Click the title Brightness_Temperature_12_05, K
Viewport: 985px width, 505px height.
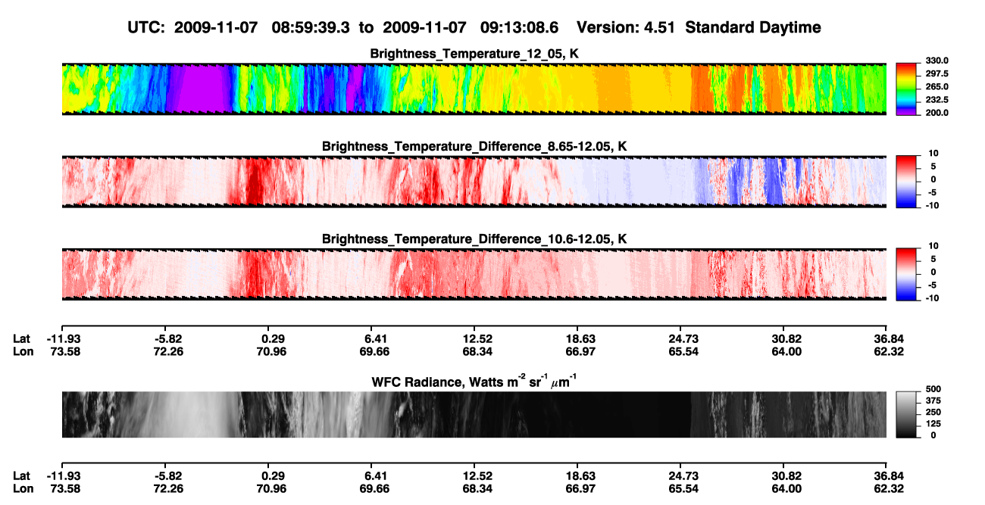coord(474,54)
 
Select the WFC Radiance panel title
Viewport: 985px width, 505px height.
coord(474,381)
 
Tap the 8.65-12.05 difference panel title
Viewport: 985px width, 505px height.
coord(474,146)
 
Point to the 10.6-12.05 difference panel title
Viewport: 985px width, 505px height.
coord(474,239)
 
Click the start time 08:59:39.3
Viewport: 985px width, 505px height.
coord(311,27)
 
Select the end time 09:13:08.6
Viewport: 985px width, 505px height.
coord(519,27)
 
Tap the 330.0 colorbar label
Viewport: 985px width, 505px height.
coord(937,61)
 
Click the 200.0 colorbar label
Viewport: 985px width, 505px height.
coord(937,113)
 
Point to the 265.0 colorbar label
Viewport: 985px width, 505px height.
coord(937,86)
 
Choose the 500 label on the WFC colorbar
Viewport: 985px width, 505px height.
coord(933,389)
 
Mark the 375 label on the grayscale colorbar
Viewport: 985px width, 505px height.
coord(933,401)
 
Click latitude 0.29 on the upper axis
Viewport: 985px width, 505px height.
coord(273,339)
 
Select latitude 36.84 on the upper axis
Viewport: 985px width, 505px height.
coord(888,339)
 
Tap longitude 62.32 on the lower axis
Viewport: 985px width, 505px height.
coord(888,489)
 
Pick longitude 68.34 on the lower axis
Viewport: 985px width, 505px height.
coord(477,489)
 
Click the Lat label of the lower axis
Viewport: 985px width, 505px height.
coord(21,476)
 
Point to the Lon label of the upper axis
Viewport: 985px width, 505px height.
coord(23,351)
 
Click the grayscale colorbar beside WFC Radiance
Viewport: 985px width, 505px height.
coord(906,414)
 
